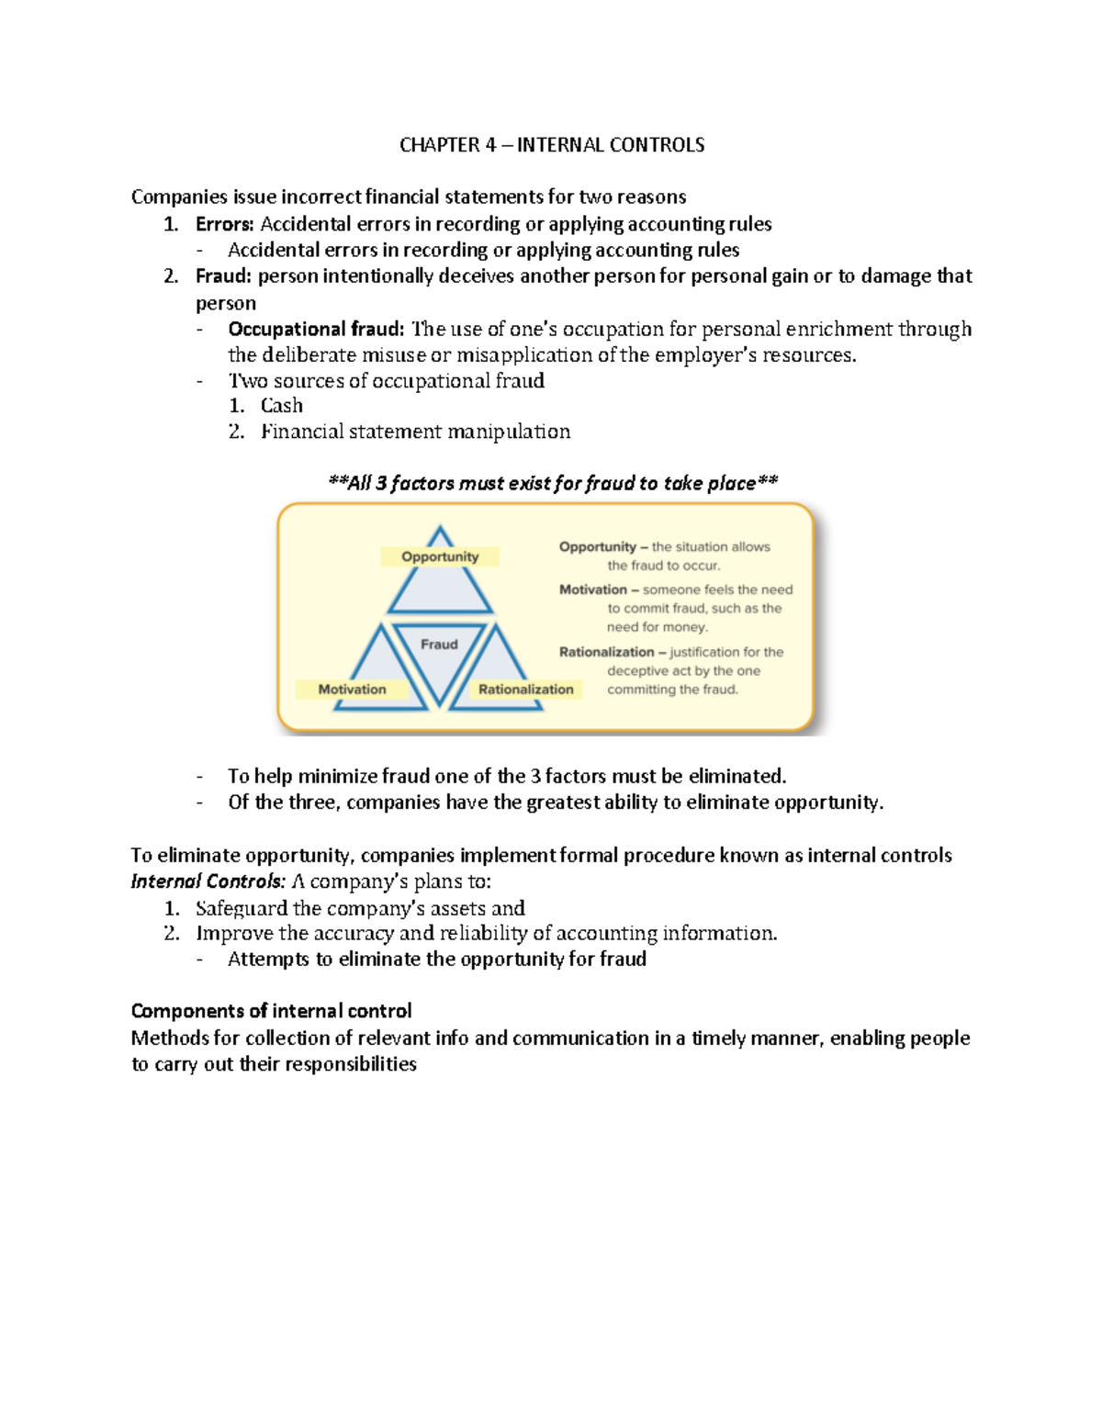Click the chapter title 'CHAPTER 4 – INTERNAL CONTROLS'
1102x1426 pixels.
552,145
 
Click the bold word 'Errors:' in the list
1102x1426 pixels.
224,224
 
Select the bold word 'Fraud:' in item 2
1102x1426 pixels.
223,276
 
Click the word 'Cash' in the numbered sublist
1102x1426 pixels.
281,406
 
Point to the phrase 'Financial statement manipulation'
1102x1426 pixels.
415,432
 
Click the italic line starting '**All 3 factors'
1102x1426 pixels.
553,483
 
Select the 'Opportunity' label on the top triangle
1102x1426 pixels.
440,556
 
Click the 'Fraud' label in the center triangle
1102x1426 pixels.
439,645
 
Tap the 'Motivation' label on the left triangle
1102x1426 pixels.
352,690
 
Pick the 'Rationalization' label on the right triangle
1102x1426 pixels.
525,690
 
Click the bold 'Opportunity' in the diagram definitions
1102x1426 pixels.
597,547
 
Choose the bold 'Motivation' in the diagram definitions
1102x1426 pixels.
592,589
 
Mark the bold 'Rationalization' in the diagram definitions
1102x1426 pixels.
606,652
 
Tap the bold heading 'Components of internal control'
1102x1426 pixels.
271,1011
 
